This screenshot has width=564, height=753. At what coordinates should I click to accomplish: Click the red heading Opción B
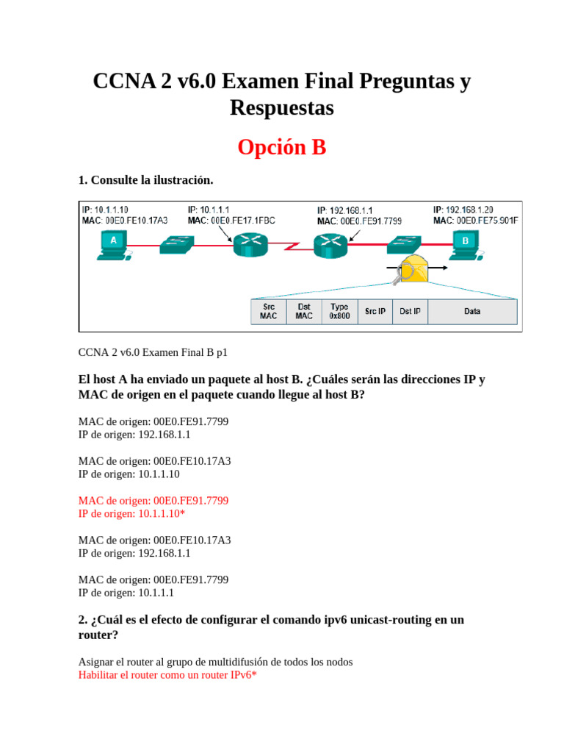click(x=281, y=148)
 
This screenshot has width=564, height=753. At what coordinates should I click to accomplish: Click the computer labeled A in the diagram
click(x=112, y=245)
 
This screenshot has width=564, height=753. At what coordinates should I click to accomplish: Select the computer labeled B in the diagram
click(x=464, y=245)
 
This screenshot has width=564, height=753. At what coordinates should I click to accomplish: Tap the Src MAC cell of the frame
click(x=268, y=311)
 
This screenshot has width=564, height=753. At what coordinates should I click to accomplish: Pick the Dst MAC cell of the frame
click(x=304, y=311)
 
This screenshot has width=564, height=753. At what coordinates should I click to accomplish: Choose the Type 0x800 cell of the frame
click(x=339, y=311)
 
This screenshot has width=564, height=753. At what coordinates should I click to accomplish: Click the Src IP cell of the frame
click(x=375, y=311)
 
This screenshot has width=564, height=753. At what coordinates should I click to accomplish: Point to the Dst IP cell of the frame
click(x=410, y=311)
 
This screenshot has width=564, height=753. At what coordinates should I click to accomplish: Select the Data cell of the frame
click(x=472, y=311)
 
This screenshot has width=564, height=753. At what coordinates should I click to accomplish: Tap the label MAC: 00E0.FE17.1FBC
click(x=232, y=220)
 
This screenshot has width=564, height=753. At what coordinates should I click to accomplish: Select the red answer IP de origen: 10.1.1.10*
click(x=131, y=513)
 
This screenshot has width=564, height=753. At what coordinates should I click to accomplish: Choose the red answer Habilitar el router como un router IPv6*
click(x=167, y=674)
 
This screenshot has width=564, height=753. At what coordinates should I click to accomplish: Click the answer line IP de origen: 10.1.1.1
click(x=126, y=592)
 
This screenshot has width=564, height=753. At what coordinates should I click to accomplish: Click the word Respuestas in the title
click(x=281, y=108)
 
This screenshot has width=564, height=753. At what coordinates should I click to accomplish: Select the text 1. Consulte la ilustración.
click(x=145, y=180)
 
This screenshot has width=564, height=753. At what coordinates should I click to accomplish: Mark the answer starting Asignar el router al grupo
click(x=215, y=662)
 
